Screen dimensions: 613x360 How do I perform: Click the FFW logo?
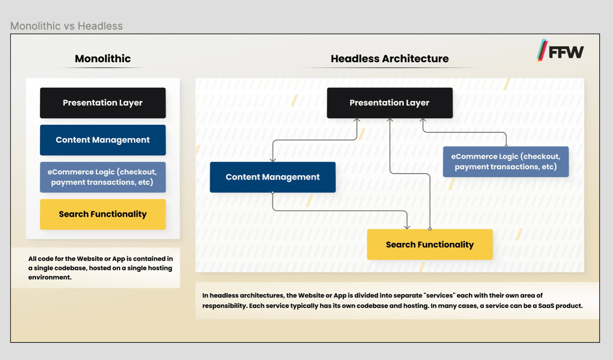(560, 51)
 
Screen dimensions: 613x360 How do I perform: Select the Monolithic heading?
(103, 59)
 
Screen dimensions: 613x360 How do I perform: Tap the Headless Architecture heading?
(390, 59)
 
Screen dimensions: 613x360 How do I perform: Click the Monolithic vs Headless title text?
(67, 26)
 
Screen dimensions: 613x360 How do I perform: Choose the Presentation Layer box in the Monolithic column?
(103, 103)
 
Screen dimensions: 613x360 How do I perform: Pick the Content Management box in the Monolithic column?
(103, 140)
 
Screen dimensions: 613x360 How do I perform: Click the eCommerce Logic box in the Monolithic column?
(103, 177)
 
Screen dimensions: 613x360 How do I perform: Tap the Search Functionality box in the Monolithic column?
(103, 214)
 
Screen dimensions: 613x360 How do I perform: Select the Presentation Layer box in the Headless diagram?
(390, 103)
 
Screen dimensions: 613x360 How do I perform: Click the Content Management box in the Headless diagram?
(272, 177)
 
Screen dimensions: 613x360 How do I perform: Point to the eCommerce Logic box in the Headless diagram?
(506, 162)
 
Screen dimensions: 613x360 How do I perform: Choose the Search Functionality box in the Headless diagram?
(430, 244)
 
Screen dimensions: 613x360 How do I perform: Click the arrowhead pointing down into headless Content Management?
(273, 160)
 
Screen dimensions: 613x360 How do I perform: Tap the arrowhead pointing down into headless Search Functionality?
(407, 227)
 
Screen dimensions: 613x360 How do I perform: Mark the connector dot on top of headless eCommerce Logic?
(506, 146)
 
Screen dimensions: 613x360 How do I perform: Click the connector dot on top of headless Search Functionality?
(430, 229)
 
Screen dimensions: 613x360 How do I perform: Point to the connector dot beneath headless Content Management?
(272, 193)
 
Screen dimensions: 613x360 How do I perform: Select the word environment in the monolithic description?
(50, 277)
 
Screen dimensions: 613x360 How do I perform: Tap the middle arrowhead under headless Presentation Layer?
(390, 121)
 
